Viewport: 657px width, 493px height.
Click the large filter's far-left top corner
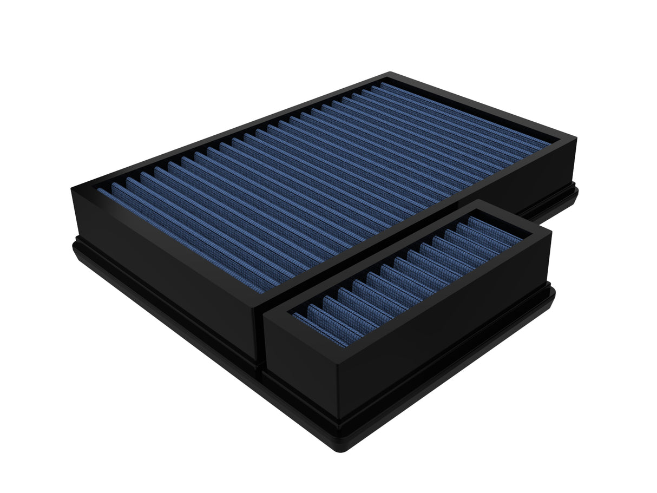71,187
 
